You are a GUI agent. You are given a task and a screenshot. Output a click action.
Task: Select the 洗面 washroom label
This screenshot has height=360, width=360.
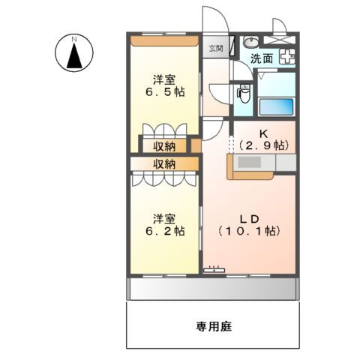pyautogui.click(x=262, y=58)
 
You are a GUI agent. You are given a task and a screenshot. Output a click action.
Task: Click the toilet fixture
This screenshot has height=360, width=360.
pyautogui.click(x=241, y=93)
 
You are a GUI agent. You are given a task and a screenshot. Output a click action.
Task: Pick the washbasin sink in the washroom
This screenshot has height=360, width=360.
pyautogui.click(x=252, y=40)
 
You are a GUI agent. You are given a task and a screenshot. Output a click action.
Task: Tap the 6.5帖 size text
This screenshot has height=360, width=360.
pyautogui.click(x=166, y=92)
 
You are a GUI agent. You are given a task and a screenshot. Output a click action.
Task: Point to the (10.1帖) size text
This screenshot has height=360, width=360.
pyautogui.click(x=249, y=232)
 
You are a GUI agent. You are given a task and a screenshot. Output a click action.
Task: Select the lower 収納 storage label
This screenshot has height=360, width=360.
pyautogui.click(x=165, y=163)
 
